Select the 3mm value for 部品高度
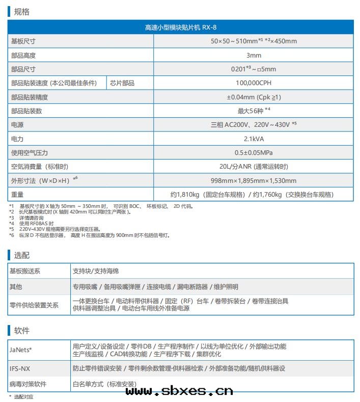tap(254, 56)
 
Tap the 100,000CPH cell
tap(254, 83)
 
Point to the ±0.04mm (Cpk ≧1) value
tap(254, 97)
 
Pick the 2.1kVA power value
tap(254, 139)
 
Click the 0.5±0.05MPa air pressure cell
tap(254, 152)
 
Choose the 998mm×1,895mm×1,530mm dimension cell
tap(254, 180)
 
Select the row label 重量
tap(18, 194)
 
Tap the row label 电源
tap(18, 125)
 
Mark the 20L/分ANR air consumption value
tap(254, 167)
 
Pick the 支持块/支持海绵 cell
tap(96, 272)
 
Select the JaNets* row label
tap(21, 350)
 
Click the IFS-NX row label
tap(20, 368)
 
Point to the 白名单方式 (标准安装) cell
tap(104, 384)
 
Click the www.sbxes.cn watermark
tap(179, 391)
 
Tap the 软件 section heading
tap(21, 330)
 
